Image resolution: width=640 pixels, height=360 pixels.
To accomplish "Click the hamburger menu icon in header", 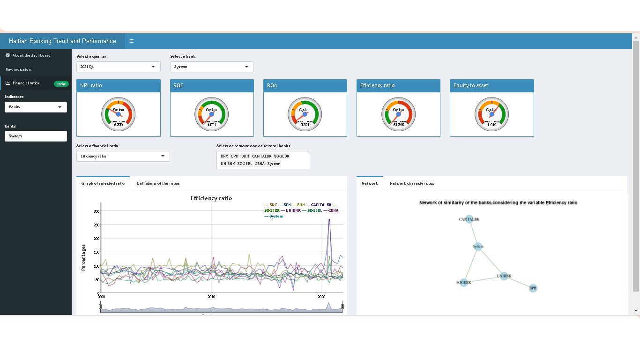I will click(x=132, y=41).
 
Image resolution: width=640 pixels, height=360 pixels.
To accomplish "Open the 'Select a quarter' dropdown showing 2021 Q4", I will click(x=118, y=67).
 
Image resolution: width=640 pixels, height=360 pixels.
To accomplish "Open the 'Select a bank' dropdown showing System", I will click(x=212, y=67).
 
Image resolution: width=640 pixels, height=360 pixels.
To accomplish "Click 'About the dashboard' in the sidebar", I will click(x=31, y=55).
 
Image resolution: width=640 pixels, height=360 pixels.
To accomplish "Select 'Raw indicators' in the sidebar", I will click(x=19, y=69).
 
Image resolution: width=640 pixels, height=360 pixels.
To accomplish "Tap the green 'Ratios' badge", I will click(x=61, y=84).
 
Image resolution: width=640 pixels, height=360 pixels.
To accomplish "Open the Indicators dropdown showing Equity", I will click(x=36, y=107).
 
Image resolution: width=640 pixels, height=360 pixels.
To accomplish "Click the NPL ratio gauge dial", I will click(x=118, y=114).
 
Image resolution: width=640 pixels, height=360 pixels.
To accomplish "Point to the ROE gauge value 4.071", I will click(x=212, y=125).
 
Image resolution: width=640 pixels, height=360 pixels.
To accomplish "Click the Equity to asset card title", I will click(x=471, y=86).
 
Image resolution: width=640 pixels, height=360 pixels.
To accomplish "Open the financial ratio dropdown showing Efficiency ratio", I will click(x=123, y=157).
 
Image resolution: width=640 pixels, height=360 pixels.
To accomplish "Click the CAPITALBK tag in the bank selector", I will click(x=261, y=156).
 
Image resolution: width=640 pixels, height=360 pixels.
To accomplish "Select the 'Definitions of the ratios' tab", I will click(x=158, y=183).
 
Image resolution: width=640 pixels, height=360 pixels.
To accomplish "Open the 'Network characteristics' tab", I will click(x=412, y=183).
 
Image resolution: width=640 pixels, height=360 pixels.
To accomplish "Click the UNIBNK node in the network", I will click(x=504, y=276).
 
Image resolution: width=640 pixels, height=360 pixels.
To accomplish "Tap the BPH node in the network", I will click(x=533, y=288).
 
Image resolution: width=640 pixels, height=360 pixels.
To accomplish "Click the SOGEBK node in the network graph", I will click(x=463, y=283).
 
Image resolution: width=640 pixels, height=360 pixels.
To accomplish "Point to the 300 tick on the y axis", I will click(x=96, y=211).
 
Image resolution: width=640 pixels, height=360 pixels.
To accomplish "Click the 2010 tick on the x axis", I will click(x=211, y=297).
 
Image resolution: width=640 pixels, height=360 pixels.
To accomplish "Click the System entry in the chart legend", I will click(x=276, y=216).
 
